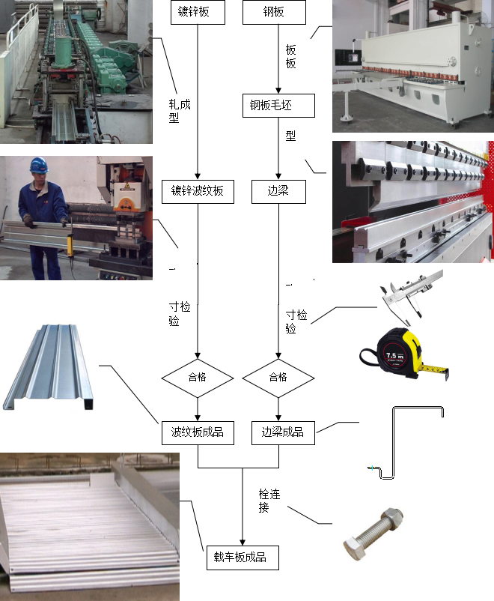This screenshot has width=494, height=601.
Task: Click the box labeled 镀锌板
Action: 198,13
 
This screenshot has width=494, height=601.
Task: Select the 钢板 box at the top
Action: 275,13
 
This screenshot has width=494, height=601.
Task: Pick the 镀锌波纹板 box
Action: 198,191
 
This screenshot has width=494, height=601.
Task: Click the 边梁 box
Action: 277,191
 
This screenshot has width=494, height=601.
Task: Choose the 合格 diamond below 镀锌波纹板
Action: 198,377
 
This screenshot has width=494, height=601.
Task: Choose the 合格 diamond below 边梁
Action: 278,377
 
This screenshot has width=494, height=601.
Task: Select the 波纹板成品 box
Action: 198,432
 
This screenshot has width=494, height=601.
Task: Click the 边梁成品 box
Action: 282,432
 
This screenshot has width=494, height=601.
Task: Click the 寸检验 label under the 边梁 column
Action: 296,321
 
